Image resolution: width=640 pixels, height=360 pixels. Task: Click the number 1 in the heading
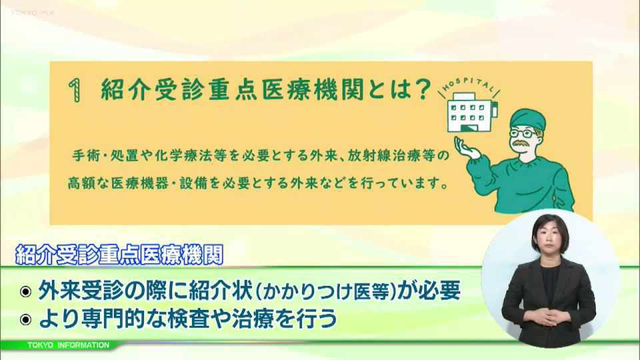[74, 90]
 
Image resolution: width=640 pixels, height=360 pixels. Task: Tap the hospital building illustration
[472, 112]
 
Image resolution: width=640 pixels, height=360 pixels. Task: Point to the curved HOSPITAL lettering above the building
[470, 85]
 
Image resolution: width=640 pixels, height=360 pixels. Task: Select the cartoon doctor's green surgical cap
[527, 119]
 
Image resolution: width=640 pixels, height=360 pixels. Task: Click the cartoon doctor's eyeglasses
[524, 133]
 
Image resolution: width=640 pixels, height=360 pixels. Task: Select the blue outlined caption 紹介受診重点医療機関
[119, 255]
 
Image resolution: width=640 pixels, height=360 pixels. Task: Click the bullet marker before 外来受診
[25, 291]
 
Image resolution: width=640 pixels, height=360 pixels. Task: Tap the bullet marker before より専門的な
[25, 319]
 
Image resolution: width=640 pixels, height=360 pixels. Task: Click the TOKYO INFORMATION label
[68, 345]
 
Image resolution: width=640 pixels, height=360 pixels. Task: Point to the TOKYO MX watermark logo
[32, 13]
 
